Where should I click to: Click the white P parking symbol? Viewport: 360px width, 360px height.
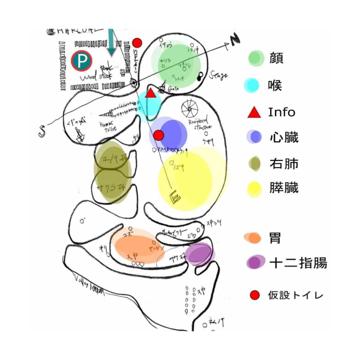click(x=82, y=61)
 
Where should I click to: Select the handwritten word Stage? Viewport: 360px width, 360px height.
click(x=218, y=75)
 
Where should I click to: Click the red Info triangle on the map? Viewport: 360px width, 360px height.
click(x=150, y=93)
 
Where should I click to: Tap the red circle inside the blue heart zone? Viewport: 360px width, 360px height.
click(x=159, y=135)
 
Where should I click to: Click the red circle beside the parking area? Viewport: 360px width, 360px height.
click(x=137, y=43)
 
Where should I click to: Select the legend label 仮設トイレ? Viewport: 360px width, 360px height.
click(x=295, y=295)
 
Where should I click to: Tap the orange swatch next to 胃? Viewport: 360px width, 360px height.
click(x=252, y=238)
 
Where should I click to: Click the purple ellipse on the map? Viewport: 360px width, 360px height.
click(x=200, y=254)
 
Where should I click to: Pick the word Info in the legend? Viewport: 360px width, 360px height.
click(x=282, y=112)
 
